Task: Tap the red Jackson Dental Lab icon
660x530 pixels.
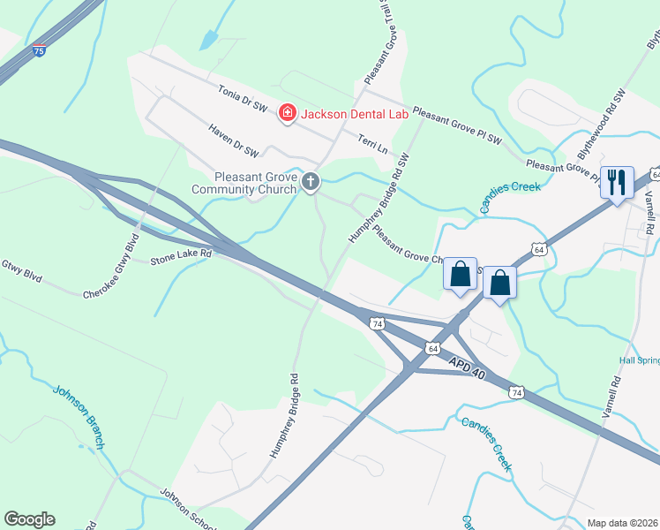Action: [x=286, y=113]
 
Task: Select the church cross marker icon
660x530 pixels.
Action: [x=310, y=182]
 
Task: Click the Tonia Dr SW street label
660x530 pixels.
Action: [x=243, y=98]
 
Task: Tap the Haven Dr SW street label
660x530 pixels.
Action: [x=234, y=140]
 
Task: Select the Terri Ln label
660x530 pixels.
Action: [x=372, y=144]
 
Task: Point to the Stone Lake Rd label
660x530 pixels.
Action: [x=181, y=256]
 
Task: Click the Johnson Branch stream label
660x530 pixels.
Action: [x=79, y=415]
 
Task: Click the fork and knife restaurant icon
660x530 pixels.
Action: [x=616, y=182]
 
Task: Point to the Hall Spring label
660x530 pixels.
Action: [x=639, y=360]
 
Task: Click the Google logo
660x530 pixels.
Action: [x=29, y=519]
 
